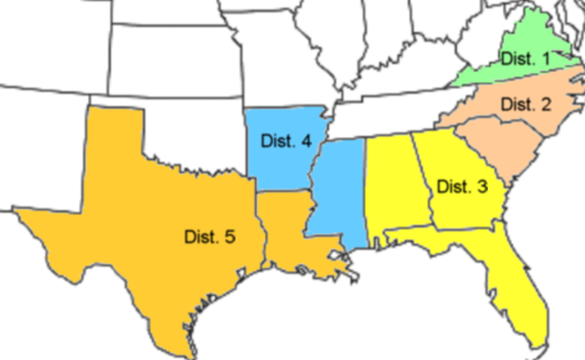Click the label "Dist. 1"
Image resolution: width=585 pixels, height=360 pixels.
[x=525, y=59]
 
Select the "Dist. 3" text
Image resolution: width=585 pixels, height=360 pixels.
[x=462, y=187]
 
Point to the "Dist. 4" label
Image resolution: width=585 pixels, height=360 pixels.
[x=286, y=141]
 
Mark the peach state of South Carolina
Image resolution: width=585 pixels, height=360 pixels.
[x=489, y=151]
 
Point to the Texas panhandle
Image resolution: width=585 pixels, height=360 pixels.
[x=114, y=137]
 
